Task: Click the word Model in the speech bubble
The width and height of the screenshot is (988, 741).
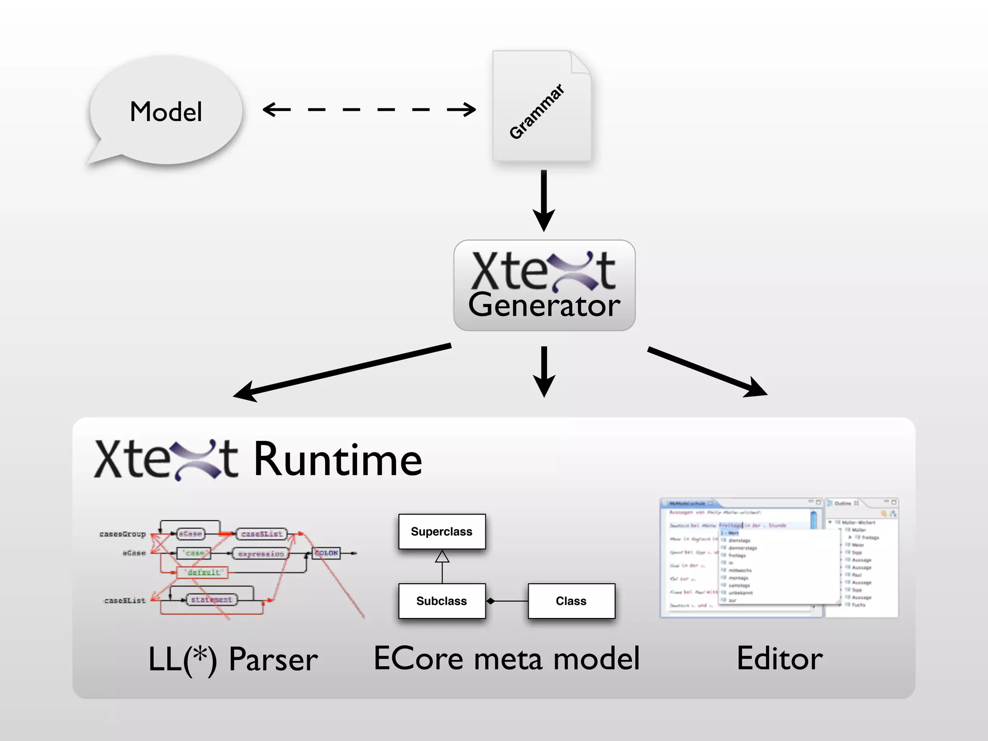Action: [x=165, y=112]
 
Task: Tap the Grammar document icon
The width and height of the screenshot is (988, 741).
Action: [x=541, y=106]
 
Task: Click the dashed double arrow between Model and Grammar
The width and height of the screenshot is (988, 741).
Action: [x=369, y=110]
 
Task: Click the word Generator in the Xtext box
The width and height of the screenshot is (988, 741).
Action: [x=544, y=305]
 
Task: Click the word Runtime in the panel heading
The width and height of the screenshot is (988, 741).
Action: [x=338, y=460]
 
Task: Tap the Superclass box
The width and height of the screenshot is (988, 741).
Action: [x=441, y=532]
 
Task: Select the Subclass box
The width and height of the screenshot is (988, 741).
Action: [x=441, y=601]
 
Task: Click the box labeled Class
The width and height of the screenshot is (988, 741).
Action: [x=571, y=601]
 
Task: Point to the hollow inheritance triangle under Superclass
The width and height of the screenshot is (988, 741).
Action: [x=442, y=557]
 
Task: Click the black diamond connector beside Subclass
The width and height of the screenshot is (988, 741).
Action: [x=491, y=601]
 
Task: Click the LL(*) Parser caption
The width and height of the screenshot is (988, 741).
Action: [x=233, y=659]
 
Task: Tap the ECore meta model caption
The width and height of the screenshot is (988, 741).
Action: [x=507, y=659]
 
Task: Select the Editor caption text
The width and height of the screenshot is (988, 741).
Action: [x=780, y=659]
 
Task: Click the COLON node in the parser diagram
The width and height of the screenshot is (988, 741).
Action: [x=327, y=553]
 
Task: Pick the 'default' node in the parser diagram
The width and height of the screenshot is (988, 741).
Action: [x=203, y=572]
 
